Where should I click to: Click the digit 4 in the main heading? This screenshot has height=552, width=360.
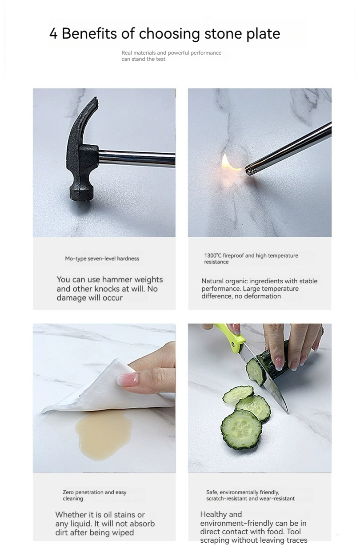point(53,33)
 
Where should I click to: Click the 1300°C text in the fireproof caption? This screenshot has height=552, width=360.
point(213,255)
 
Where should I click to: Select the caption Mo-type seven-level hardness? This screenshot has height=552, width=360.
point(102,258)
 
